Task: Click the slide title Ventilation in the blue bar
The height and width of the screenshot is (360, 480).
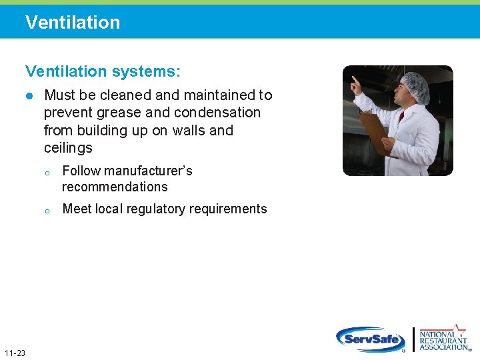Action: coord(73,22)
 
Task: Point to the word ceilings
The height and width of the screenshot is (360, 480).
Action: coord(68,147)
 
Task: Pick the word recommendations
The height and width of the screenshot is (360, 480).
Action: coord(115,187)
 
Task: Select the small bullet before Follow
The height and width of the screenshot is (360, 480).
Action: coord(47,172)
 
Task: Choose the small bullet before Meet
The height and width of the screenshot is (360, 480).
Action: coord(47,210)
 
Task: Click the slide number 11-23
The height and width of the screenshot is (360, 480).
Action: coord(14,353)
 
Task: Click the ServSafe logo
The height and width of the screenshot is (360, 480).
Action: coord(371,339)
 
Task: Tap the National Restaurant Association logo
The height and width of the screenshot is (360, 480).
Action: coord(443,338)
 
